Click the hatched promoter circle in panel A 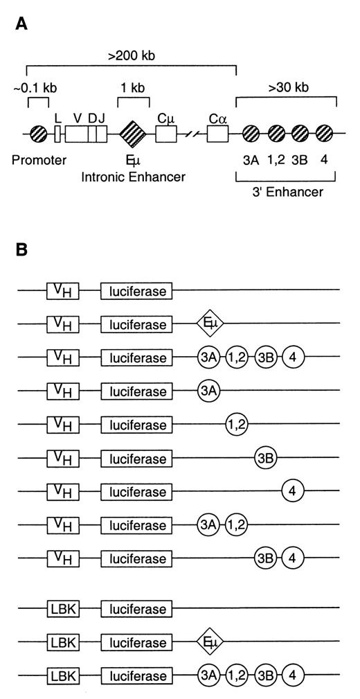click(x=39, y=130)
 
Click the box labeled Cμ click(x=167, y=130)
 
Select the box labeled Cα click(x=218, y=130)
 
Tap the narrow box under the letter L click(x=58, y=130)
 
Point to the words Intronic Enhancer click(x=132, y=178)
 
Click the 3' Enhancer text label click(x=287, y=192)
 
